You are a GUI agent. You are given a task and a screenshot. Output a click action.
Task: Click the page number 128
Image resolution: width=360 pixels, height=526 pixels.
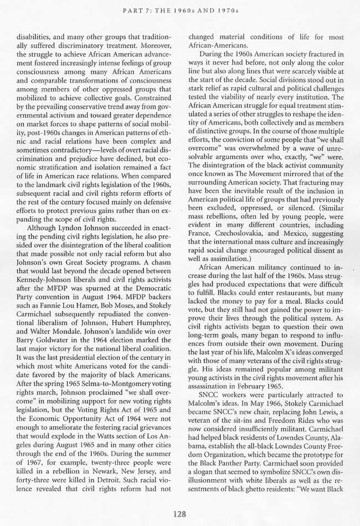point(179,513)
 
